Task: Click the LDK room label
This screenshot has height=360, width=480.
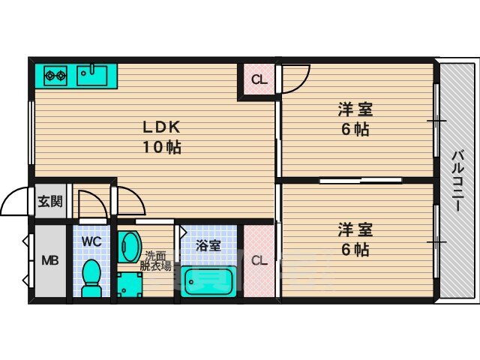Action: [x=162, y=127]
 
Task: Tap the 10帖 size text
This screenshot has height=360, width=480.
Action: [x=162, y=148]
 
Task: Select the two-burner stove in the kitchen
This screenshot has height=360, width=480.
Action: [x=55, y=76]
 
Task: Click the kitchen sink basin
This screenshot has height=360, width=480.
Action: [x=92, y=75]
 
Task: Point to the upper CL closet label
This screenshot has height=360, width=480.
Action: [x=259, y=80]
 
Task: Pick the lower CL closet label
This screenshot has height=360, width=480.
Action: [x=259, y=261]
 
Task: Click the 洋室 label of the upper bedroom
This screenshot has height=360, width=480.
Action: [x=355, y=110]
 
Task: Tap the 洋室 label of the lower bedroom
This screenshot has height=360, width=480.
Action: [x=355, y=230]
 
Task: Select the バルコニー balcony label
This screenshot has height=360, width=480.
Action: [x=458, y=181]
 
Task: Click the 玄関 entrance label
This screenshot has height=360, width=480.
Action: [x=50, y=202]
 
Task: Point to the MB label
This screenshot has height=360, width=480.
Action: [x=50, y=261]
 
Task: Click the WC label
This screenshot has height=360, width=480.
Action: [x=91, y=241]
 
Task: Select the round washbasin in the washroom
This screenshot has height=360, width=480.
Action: [x=129, y=247]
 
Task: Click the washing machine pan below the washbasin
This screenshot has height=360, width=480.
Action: [x=130, y=285]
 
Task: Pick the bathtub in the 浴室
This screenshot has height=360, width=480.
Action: [x=208, y=282]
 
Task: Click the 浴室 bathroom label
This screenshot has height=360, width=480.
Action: [x=208, y=245]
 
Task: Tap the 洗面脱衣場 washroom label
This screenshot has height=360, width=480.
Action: [x=155, y=260]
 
